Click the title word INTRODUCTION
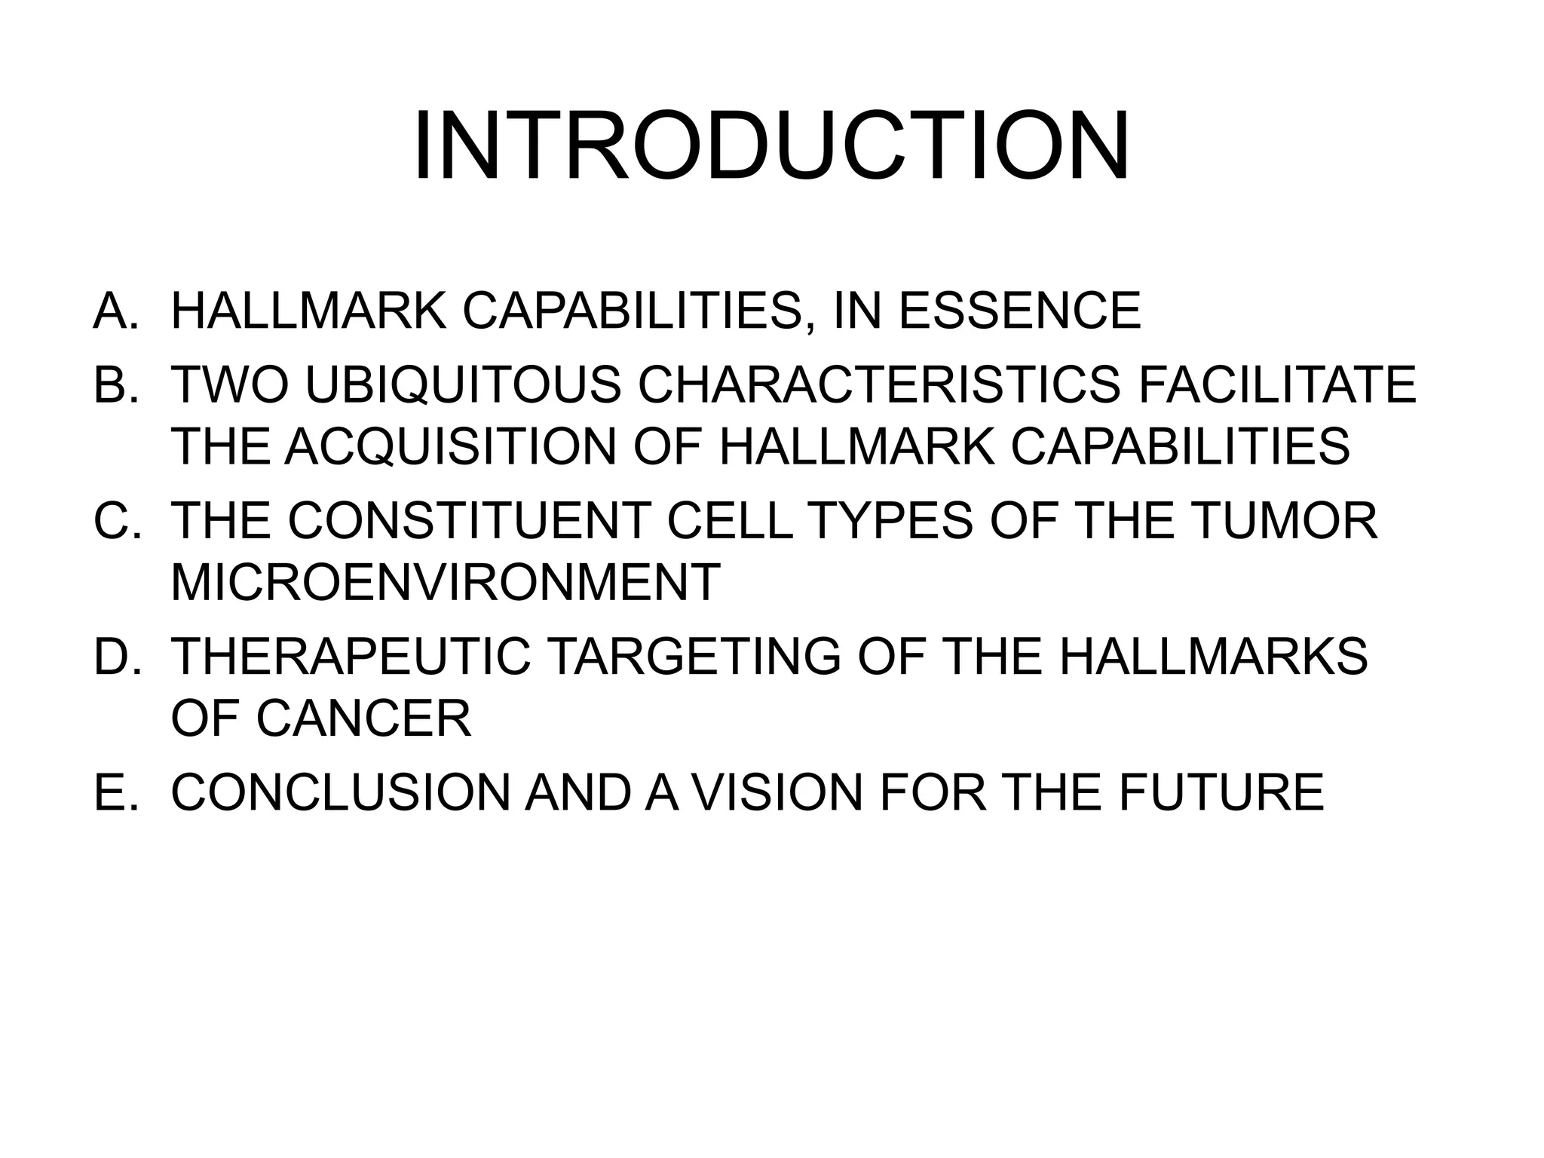pyautogui.click(x=771, y=146)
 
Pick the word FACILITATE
pyautogui.click(x=1277, y=384)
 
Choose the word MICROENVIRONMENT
pyautogui.click(x=446, y=581)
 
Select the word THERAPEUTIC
pyautogui.click(x=351, y=655)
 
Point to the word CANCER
pyautogui.click(x=363, y=717)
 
